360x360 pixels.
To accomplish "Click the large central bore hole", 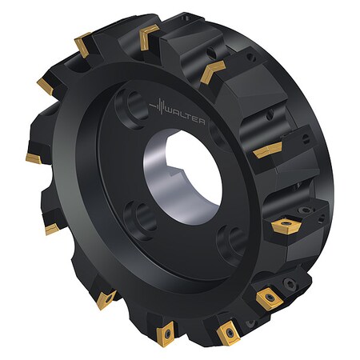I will coord(183,179).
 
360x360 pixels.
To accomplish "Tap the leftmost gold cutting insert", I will coord(33,153).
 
